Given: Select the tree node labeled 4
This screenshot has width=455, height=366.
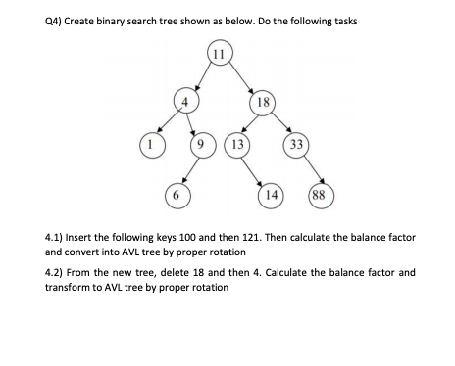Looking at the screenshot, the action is click(x=181, y=100).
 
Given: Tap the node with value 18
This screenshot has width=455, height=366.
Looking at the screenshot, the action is click(x=260, y=100).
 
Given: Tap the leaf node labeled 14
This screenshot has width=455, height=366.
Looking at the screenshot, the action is click(x=264, y=193).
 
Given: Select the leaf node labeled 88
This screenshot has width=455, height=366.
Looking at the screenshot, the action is click(x=321, y=193).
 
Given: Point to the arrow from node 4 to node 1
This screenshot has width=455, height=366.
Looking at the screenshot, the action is click(x=166, y=122).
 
